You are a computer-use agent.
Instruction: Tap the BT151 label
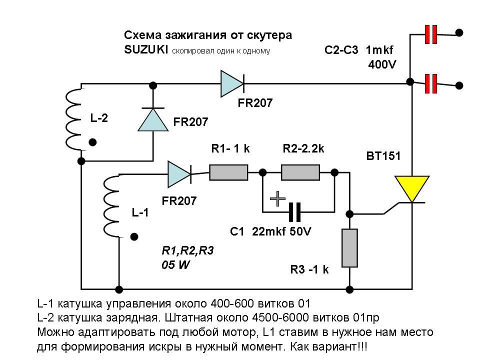[384, 156]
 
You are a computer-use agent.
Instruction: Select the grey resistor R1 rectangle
[228, 173]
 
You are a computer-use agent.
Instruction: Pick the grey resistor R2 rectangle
[300, 173]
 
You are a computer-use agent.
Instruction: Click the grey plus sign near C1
[277, 199]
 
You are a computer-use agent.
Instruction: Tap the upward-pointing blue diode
[152, 118]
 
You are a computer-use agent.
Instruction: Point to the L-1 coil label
[140, 212]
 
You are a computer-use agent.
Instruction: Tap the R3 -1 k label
[309, 270]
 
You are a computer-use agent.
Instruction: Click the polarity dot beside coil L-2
[92, 142]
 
